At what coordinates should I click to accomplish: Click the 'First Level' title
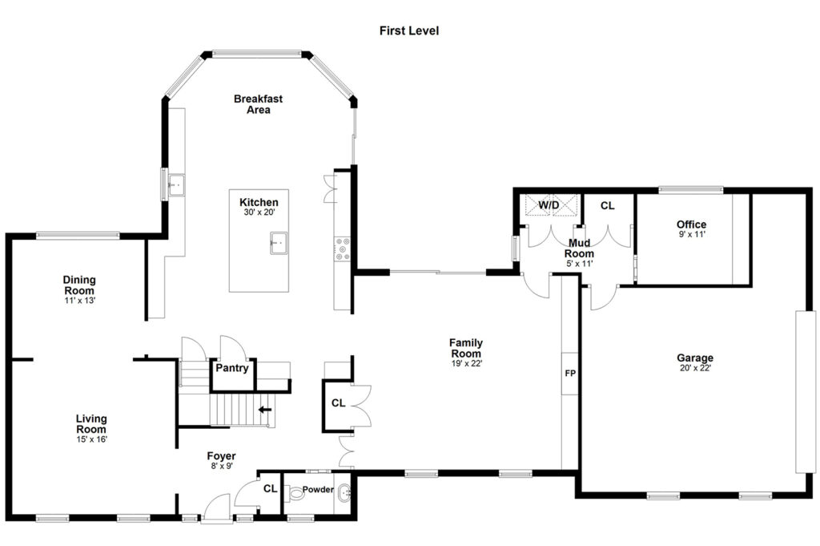pos(409,31)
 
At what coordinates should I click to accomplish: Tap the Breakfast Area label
pos(259,104)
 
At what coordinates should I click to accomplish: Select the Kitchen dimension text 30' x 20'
pos(259,212)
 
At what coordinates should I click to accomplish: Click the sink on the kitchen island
pos(279,243)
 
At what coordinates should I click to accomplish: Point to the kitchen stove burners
pos(342,249)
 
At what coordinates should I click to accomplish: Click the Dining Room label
pos(79,285)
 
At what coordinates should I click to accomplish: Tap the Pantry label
pos(232,368)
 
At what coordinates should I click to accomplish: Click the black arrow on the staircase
pos(265,410)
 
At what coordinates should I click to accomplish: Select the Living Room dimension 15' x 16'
pos(91,439)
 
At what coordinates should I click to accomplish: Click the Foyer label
pos(221,456)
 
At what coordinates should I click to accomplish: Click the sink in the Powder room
pos(344,492)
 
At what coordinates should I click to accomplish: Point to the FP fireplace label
pos(570,374)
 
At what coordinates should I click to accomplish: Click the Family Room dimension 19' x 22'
pos(467,363)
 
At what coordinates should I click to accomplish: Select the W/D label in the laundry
pos(549,204)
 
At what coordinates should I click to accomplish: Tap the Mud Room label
pos(579,248)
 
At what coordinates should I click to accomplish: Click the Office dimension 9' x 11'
pos(692,235)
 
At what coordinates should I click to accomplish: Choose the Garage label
pos(695,358)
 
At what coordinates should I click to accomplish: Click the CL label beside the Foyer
pos(271,488)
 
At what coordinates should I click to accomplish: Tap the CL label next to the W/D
pos(607,206)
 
